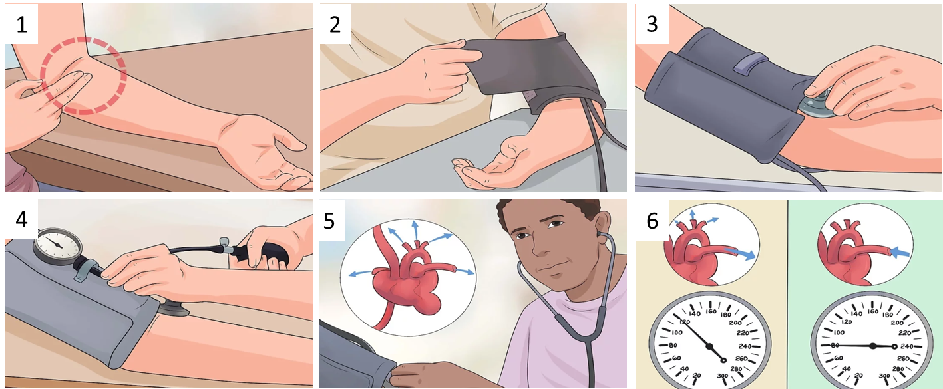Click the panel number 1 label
click(21, 25)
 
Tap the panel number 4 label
click(21, 219)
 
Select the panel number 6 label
click(652, 221)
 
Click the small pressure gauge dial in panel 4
click(57, 247)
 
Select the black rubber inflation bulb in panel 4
click(266, 255)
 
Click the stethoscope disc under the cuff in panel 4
click(172, 309)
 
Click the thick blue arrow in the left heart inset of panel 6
click(740, 253)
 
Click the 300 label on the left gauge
click(723, 376)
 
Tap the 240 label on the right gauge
click(907, 346)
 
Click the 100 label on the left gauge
click(677, 333)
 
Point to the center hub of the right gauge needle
click(872, 346)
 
